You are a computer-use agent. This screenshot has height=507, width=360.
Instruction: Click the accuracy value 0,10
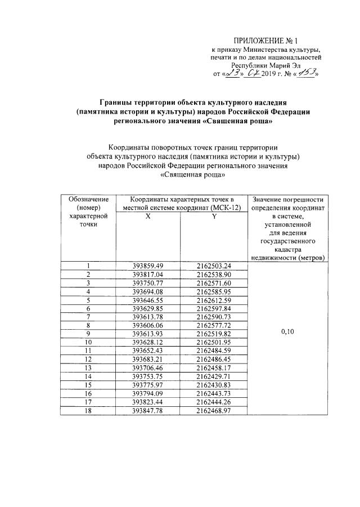point(288,333)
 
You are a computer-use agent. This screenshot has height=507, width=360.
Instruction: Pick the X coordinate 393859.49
point(147,266)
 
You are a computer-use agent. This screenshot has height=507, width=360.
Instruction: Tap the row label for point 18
point(88,411)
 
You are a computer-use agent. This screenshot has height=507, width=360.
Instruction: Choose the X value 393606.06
point(147,325)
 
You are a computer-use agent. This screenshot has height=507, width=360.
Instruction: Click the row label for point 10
point(88,342)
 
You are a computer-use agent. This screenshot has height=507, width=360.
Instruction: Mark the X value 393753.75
point(147,376)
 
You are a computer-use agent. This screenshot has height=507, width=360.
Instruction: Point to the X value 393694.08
point(147,291)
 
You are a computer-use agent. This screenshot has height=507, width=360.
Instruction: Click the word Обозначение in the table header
point(88,200)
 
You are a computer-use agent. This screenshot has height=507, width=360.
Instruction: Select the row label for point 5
point(88,300)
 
